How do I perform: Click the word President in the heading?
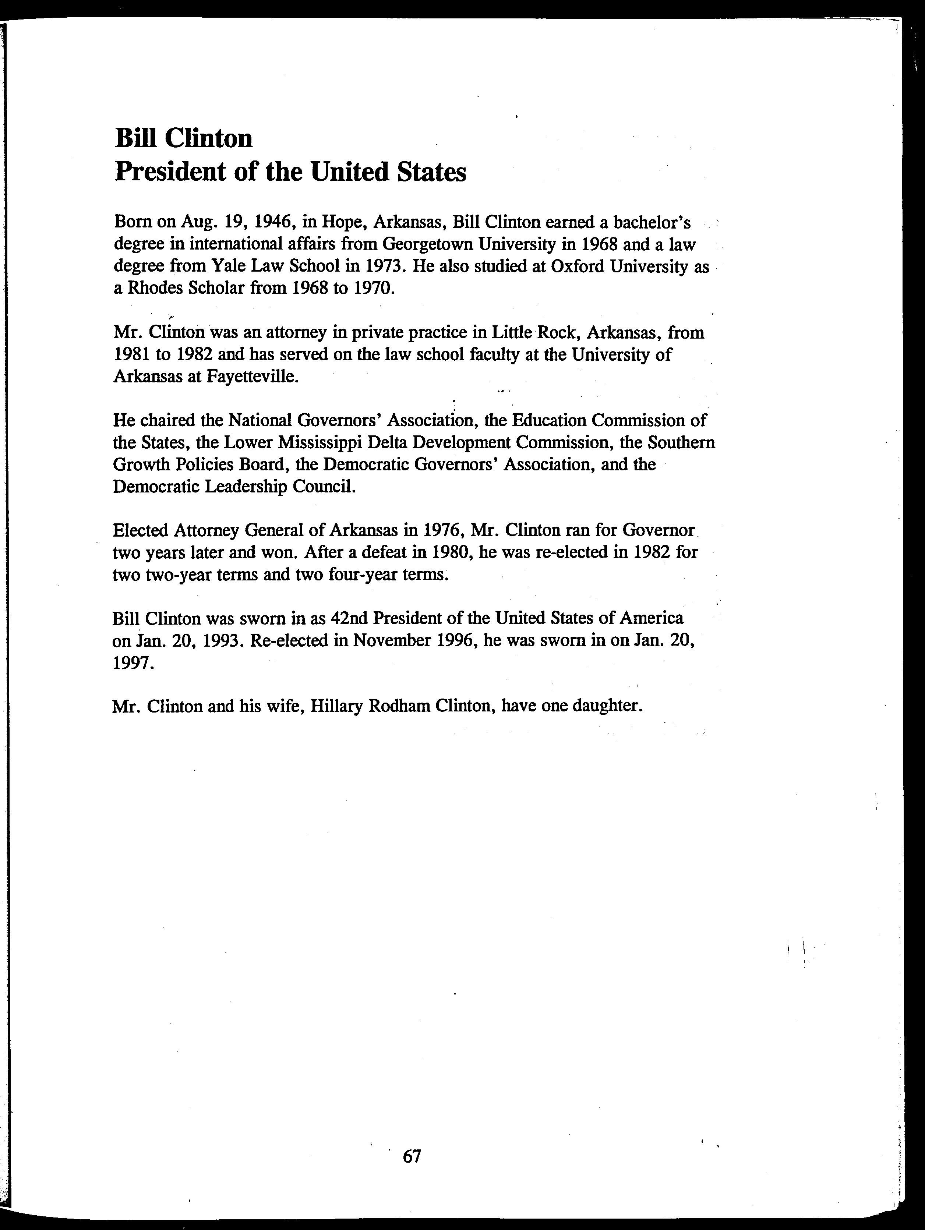169,172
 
